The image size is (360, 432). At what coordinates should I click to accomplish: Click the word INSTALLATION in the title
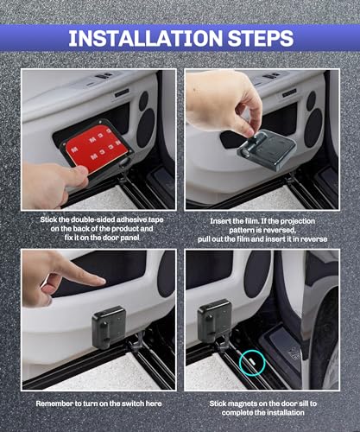tap(146, 38)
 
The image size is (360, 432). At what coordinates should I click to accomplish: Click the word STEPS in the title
tap(261, 38)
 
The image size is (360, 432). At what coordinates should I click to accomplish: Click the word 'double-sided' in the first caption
tap(93, 219)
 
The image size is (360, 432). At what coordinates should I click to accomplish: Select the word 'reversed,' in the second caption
tap(280, 231)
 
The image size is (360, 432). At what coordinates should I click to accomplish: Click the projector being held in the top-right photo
tap(267, 149)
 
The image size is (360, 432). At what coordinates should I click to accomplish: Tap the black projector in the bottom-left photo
tap(110, 327)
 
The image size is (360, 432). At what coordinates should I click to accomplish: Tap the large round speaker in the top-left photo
tap(146, 128)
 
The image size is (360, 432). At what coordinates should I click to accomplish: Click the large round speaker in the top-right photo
tap(313, 128)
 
